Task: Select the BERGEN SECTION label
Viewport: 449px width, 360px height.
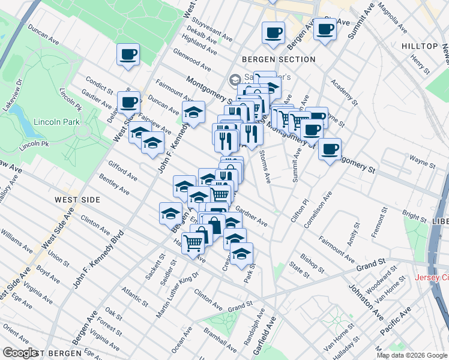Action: tap(279, 59)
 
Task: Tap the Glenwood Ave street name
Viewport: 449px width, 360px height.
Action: tap(191, 60)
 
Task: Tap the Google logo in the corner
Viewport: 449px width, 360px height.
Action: tap(20, 353)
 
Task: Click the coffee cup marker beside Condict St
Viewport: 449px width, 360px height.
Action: tap(128, 102)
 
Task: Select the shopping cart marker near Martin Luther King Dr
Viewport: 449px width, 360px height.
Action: tap(193, 244)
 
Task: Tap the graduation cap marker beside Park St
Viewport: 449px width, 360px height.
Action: tap(241, 254)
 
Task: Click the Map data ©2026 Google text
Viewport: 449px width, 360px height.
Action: tap(411, 355)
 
